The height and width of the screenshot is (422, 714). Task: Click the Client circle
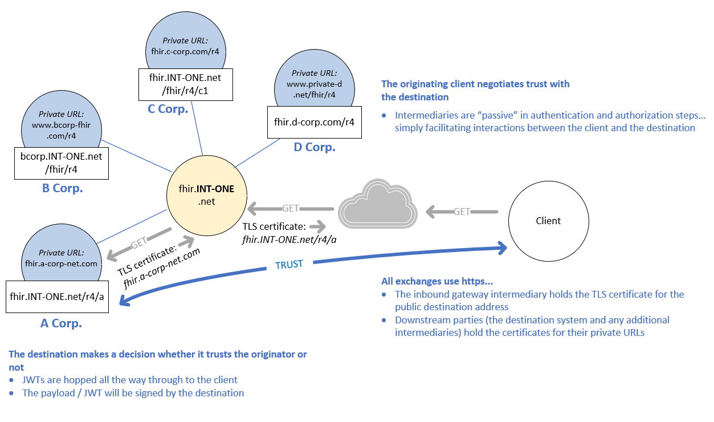click(548, 221)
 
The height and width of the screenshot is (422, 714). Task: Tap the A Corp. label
click(61, 323)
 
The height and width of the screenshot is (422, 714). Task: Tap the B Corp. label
click(63, 188)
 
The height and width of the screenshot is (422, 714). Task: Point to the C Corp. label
click(168, 109)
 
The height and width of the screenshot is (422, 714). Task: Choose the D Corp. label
click(315, 147)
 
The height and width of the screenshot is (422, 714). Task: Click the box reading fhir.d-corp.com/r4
click(315, 121)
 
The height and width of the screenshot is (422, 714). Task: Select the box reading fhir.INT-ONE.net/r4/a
click(58, 297)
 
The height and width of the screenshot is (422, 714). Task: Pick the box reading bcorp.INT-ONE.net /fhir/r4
click(61, 163)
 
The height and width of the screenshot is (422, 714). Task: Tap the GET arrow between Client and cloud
click(462, 212)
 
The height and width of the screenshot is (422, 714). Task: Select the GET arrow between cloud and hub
click(291, 208)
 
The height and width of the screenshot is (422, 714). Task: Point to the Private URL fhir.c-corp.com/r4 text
click(185, 46)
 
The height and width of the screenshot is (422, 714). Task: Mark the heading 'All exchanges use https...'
click(437, 281)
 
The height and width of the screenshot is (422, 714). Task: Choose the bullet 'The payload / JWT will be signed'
click(133, 393)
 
